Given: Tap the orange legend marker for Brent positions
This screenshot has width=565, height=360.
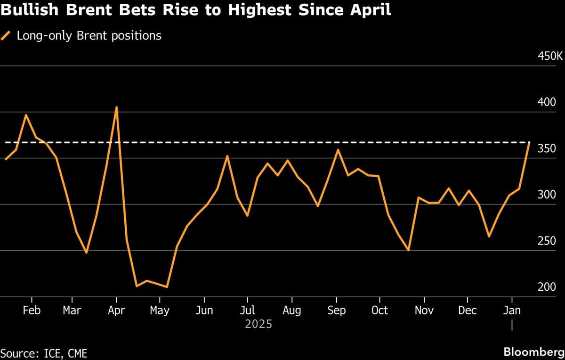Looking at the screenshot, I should [6, 35].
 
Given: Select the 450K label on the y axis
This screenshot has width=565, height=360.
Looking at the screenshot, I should [550, 56].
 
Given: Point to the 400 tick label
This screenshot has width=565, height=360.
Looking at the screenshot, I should [547, 102].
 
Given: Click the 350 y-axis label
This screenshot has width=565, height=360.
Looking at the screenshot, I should [547, 148].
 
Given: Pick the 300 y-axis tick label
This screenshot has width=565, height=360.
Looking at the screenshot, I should [547, 195].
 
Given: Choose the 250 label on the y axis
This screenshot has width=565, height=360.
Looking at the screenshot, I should [547, 241].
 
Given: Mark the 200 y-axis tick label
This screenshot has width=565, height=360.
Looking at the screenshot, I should [547, 287].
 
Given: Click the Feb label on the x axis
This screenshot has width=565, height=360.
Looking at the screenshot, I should [32, 311].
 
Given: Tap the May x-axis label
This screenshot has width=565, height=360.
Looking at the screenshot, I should [160, 311].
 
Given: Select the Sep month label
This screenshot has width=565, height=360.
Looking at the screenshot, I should [336, 311].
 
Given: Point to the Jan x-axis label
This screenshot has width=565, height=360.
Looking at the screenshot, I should [512, 311].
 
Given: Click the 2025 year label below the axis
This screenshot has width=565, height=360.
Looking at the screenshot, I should [258, 325].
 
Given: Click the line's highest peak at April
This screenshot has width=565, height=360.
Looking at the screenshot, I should [116, 107].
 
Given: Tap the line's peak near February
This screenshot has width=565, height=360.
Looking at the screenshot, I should [26, 115].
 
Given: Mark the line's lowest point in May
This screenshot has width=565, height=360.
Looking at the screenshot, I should [167, 287].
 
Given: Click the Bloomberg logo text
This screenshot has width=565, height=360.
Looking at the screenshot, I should [533, 352].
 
